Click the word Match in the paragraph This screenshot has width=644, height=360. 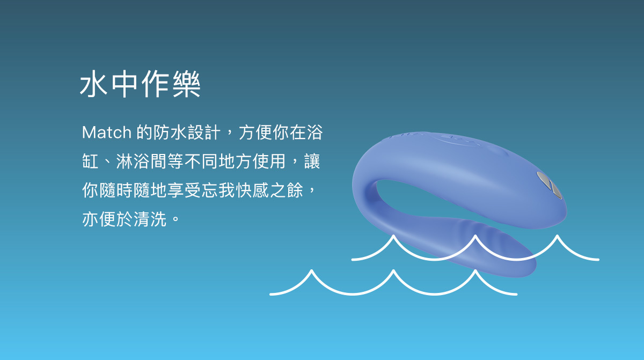pyautogui.click(x=107, y=133)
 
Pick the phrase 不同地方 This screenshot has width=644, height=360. pyautogui.click(x=218, y=161)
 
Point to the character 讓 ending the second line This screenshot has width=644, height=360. pyautogui.click(x=312, y=161)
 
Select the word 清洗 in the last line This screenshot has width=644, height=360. pyautogui.click(x=150, y=219)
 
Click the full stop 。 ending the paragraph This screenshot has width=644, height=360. pyautogui.click(x=175, y=219)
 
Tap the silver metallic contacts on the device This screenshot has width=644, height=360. pyautogui.click(x=550, y=185)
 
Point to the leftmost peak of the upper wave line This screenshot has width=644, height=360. pyautogui.click(x=393, y=236)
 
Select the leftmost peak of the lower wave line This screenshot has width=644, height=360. pyautogui.click(x=311, y=270)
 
